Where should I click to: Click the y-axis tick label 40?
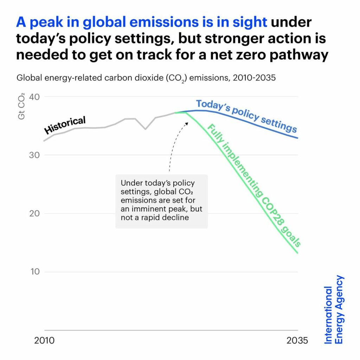(34, 97)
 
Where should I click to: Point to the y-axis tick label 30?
(34, 155)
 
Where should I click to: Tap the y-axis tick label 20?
(34, 213)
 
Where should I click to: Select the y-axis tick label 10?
(34, 272)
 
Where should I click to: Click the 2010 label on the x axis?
(44, 341)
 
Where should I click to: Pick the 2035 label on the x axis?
(297, 341)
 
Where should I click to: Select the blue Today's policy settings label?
(246, 115)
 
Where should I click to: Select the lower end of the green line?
(297, 252)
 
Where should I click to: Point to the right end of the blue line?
(297, 138)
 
